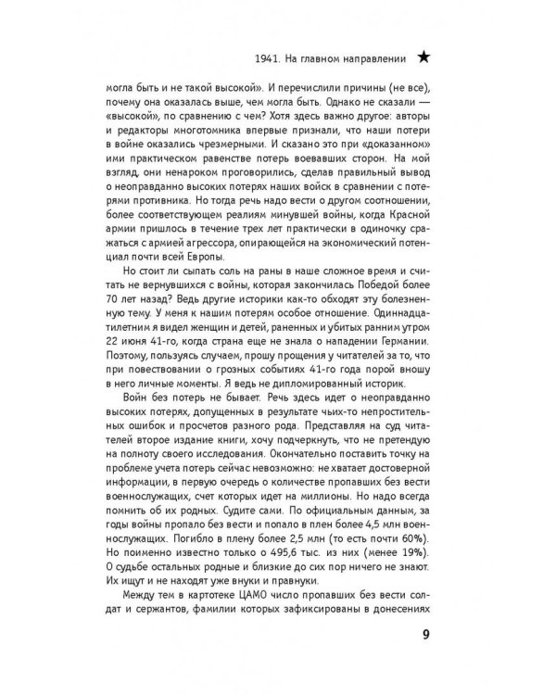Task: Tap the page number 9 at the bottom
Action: (x=424, y=635)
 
